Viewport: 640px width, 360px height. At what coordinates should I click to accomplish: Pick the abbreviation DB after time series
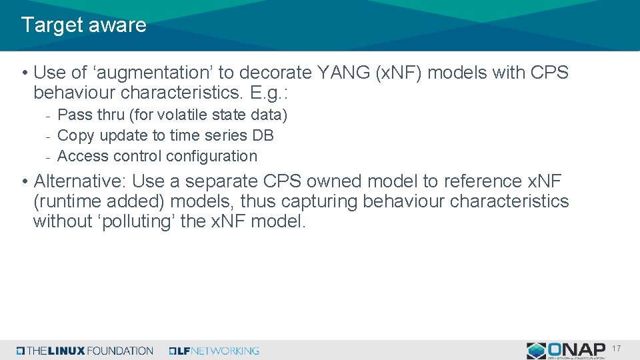click(x=263, y=135)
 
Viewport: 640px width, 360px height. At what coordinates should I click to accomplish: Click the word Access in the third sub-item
click(x=82, y=156)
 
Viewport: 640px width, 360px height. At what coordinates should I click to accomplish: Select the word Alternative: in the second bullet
click(x=80, y=181)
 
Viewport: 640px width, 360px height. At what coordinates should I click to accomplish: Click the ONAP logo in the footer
click(x=567, y=350)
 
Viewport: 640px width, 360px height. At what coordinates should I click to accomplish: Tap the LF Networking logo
click(x=214, y=351)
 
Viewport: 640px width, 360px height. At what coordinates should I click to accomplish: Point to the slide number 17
click(x=616, y=349)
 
